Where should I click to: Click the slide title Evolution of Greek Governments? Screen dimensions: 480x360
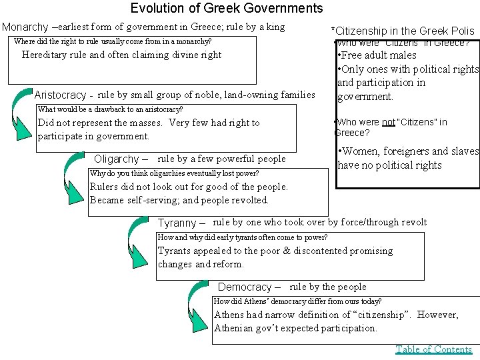point(227,9)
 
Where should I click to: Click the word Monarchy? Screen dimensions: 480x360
point(25,27)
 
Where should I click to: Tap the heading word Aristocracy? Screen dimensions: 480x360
point(60,95)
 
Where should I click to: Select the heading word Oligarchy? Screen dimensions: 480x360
point(117,159)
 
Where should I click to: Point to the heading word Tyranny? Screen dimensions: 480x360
point(177,223)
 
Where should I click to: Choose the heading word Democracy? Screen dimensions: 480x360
point(245,287)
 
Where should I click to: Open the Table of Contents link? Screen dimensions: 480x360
point(434,349)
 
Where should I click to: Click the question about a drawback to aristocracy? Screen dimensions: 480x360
point(111,109)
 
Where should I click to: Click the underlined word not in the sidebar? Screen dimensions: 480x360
point(388,122)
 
